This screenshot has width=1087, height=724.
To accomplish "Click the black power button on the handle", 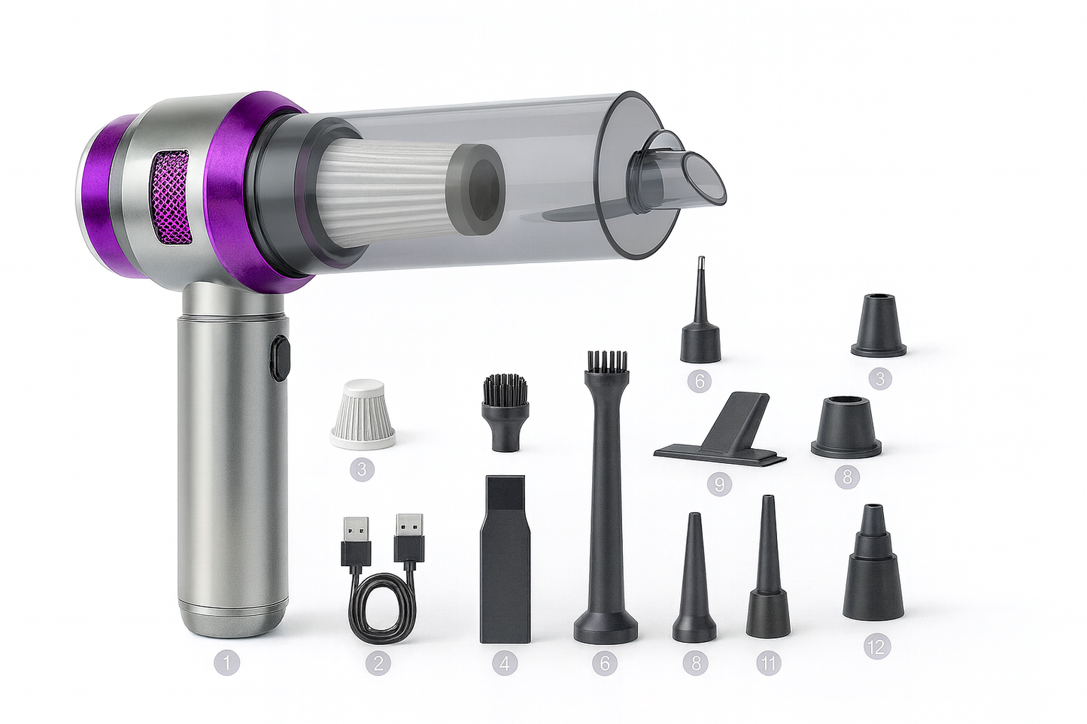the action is [x=281, y=359].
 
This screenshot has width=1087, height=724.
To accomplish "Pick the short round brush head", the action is [x=504, y=412].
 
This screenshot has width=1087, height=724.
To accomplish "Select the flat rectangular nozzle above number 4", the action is [x=506, y=559].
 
